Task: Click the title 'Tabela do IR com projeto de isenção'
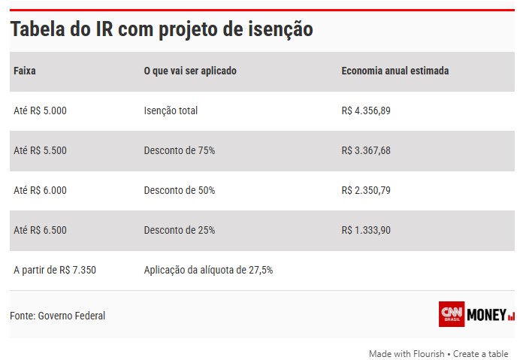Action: click(x=161, y=29)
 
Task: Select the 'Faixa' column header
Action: click(x=25, y=71)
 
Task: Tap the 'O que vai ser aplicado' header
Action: click(x=190, y=71)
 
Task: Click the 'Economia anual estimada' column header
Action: click(x=395, y=71)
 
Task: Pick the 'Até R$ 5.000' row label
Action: click(x=41, y=110)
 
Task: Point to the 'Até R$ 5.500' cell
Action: click(x=41, y=150)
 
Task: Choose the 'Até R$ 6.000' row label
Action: click(x=41, y=190)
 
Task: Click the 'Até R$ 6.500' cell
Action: click(x=41, y=230)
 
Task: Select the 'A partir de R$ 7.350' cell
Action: click(x=55, y=270)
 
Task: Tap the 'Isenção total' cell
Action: click(x=171, y=110)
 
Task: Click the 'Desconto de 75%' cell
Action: click(x=180, y=150)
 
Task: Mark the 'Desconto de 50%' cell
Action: click(x=180, y=190)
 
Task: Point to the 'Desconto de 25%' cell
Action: click(x=180, y=230)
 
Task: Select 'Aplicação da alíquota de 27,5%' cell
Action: click(x=208, y=270)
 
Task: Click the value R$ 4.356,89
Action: click(x=366, y=110)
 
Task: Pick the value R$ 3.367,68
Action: click(x=366, y=150)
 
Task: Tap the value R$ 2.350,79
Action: click(x=366, y=190)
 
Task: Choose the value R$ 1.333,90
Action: click(x=366, y=230)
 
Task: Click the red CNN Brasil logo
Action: click(x=452, y=314)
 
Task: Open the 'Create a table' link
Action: click(x=481, y=353)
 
